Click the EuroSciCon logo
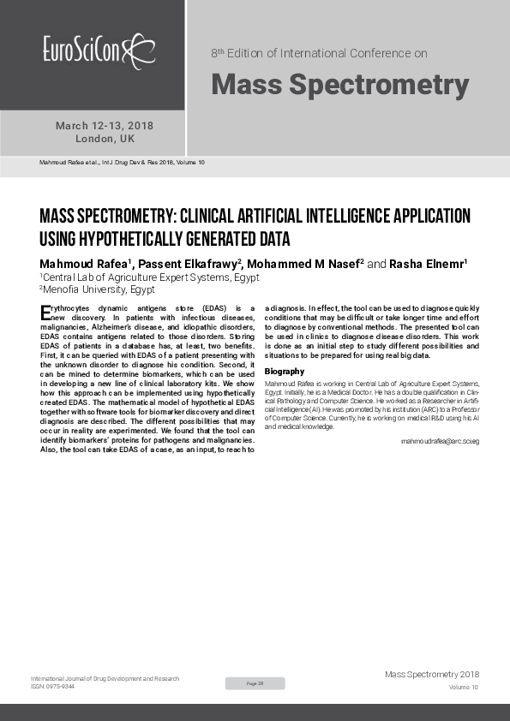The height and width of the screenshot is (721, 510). click(99, 50)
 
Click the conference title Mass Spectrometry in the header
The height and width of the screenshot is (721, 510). click(339, 85)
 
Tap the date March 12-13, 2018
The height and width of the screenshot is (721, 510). click(105, 126)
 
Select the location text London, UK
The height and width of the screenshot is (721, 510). click(105, 139)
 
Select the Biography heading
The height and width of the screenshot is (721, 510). click(285, 371)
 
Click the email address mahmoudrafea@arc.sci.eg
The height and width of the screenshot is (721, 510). click(440, 440)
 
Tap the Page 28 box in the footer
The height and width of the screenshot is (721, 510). click(255, 683)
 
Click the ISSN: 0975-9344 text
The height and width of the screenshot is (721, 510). click(52, 687)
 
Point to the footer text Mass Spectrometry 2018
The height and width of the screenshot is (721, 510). click(432, 675)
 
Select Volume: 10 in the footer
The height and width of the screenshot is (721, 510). click(463, 688)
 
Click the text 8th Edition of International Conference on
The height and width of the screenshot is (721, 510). click(319, 53)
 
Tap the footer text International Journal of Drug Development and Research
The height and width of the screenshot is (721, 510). click(105, 678)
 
